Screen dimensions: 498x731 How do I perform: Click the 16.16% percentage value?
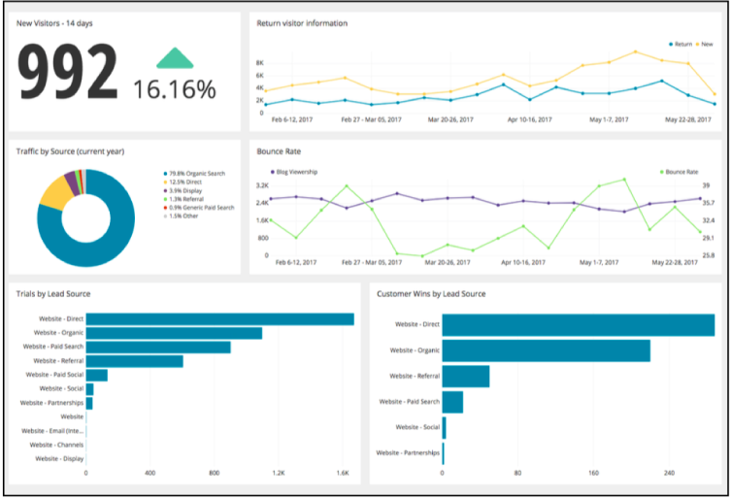point(175,90)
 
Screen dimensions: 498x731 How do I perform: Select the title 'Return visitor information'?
point(302,22)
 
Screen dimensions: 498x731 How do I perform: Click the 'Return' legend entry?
point(681,44)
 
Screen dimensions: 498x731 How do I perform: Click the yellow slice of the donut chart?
point(52,193)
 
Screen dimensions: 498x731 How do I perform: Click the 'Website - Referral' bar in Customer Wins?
point(466,376)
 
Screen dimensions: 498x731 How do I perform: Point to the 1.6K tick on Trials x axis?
point(343,473)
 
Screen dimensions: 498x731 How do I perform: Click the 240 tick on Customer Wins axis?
point(668,473)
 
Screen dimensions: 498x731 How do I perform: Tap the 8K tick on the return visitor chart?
point(259,62)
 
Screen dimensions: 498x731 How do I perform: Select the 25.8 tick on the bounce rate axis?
point(709,254)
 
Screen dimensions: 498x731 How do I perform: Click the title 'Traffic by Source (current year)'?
point(70,151)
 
